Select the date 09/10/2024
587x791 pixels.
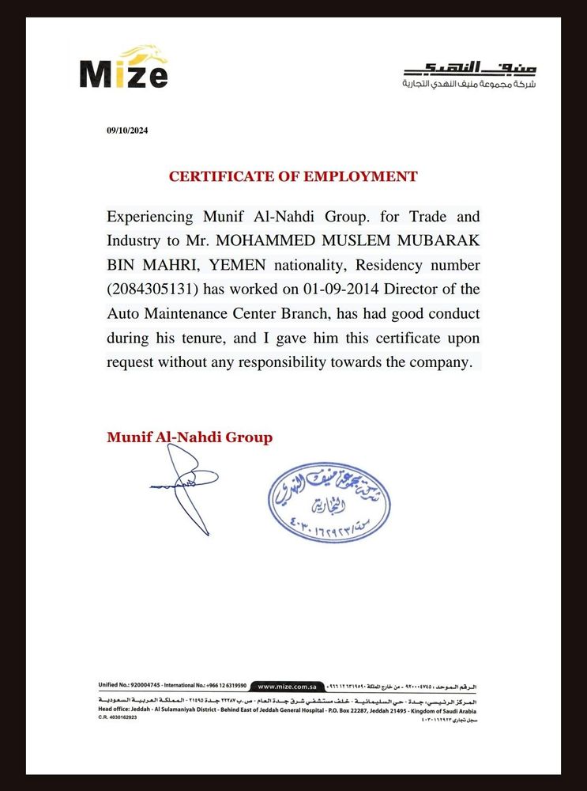point(126,131)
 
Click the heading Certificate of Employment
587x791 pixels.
point(293,176)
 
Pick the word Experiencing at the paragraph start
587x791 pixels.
point(151,216)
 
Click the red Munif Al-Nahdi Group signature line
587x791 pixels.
point(190,437)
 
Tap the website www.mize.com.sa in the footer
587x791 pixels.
point(288,687)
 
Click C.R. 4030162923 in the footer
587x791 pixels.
point(118,717)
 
